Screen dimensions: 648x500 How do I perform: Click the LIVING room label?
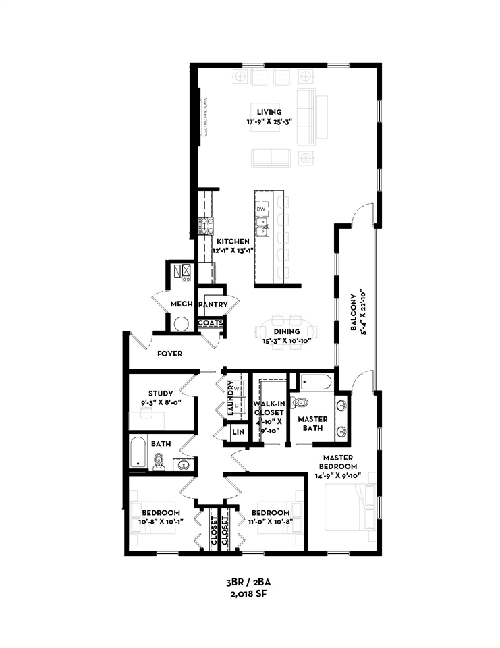point(269,112)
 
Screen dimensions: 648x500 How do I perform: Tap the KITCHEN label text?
point(233,242)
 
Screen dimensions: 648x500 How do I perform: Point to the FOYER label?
point(169,353)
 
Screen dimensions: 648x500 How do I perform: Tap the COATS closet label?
point(210,323)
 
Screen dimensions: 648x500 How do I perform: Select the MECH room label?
point(182,304)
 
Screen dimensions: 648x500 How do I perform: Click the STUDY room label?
point(161,394)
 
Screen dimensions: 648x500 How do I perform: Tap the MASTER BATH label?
point(312,423)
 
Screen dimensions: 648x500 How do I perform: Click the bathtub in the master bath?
point(316,383)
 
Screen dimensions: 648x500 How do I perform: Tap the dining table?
point(287,331)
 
